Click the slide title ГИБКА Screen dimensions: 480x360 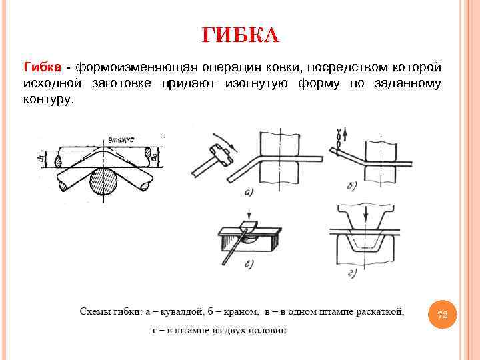pos(240,35)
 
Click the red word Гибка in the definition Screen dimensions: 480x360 pos(43,67)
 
